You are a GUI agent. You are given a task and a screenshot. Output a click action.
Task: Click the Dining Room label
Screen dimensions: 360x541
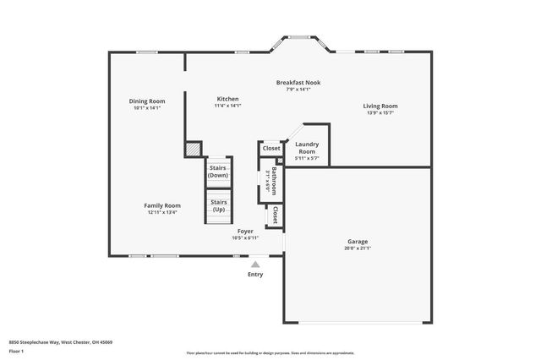(146, 101)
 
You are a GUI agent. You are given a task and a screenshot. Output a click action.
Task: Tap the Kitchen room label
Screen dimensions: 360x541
(227, 99)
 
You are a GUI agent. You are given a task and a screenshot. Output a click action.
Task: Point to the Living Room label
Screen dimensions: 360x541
(380, 106)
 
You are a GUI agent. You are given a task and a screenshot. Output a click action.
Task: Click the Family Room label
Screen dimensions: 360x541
(161, 205)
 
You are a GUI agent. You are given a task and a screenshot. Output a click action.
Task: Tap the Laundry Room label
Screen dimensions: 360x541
(306, 147)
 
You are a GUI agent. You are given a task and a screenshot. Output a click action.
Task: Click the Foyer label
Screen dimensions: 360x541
(245, 231)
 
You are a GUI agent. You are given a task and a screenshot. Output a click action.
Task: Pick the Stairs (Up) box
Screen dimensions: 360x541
(218, 205)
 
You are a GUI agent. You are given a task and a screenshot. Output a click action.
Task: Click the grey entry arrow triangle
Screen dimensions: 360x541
(255, 264)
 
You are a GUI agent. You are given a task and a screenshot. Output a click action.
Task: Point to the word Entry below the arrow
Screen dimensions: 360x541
(255, 274)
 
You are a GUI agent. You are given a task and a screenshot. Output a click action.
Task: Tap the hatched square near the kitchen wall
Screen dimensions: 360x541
(194, 149)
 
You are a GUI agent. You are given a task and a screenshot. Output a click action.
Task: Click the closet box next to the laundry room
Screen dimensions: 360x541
(270, 148)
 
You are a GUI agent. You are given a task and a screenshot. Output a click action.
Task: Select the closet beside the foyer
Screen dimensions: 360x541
(275, 215)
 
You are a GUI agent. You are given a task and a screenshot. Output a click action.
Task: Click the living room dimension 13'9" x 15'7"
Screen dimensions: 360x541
(380, 113)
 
